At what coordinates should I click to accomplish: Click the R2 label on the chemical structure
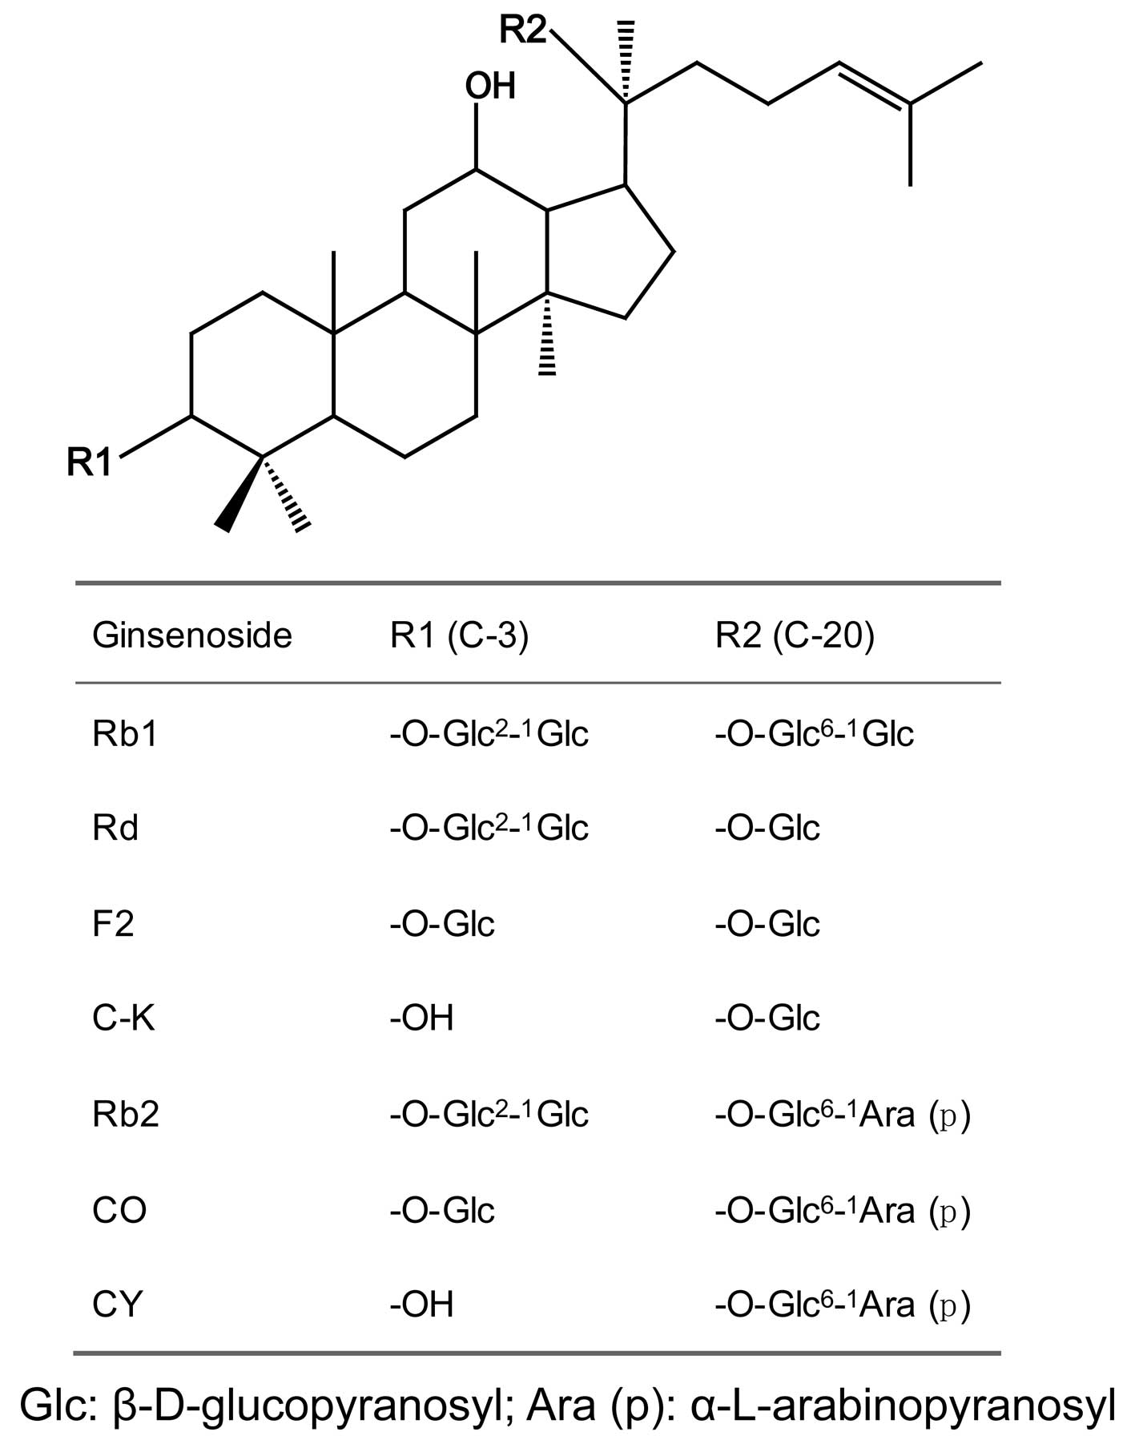click(x=522, y=31)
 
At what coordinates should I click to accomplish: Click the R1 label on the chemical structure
click(x=89, y=462)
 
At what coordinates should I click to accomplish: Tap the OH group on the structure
click(x=490, y=87)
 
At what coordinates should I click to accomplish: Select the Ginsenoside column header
click(x=192, y=635)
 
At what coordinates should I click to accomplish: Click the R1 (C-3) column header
click(x=459, y=635)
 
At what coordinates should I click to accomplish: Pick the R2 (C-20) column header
click(x=795, y=635)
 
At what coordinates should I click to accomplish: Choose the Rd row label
click(x=115, y=828)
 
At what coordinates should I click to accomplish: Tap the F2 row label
click(x=113, y=924)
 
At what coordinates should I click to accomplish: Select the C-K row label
click(x=123, y=1018)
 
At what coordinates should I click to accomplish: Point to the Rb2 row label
click(x=126, y=1115)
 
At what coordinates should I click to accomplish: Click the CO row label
click(x=119, y=1210)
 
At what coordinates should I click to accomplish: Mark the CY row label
click(x=118, y=1305)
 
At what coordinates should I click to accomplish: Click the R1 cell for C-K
click(x=421, y=1018)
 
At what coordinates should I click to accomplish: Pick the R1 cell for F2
click(x=442, y=924)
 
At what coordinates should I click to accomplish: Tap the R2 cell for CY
click(x=843, y=1305)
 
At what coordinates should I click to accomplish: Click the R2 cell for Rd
click(x=767, y=828)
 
